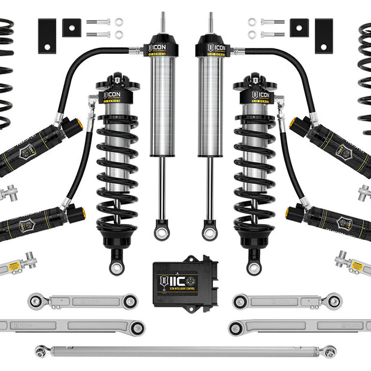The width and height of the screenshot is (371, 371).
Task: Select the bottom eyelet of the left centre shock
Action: (161, 229)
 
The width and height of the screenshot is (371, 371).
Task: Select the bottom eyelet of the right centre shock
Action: (209, 229)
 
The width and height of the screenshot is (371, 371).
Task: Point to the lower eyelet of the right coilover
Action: (254, 264)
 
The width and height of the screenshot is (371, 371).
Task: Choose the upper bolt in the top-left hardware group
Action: (98, 22)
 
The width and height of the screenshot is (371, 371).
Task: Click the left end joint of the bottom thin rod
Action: (41, 351)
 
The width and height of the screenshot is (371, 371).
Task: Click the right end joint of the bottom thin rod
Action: (330, 351)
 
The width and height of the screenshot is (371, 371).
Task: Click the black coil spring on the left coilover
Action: (117, 174)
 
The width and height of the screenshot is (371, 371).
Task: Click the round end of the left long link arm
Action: (137, 327)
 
